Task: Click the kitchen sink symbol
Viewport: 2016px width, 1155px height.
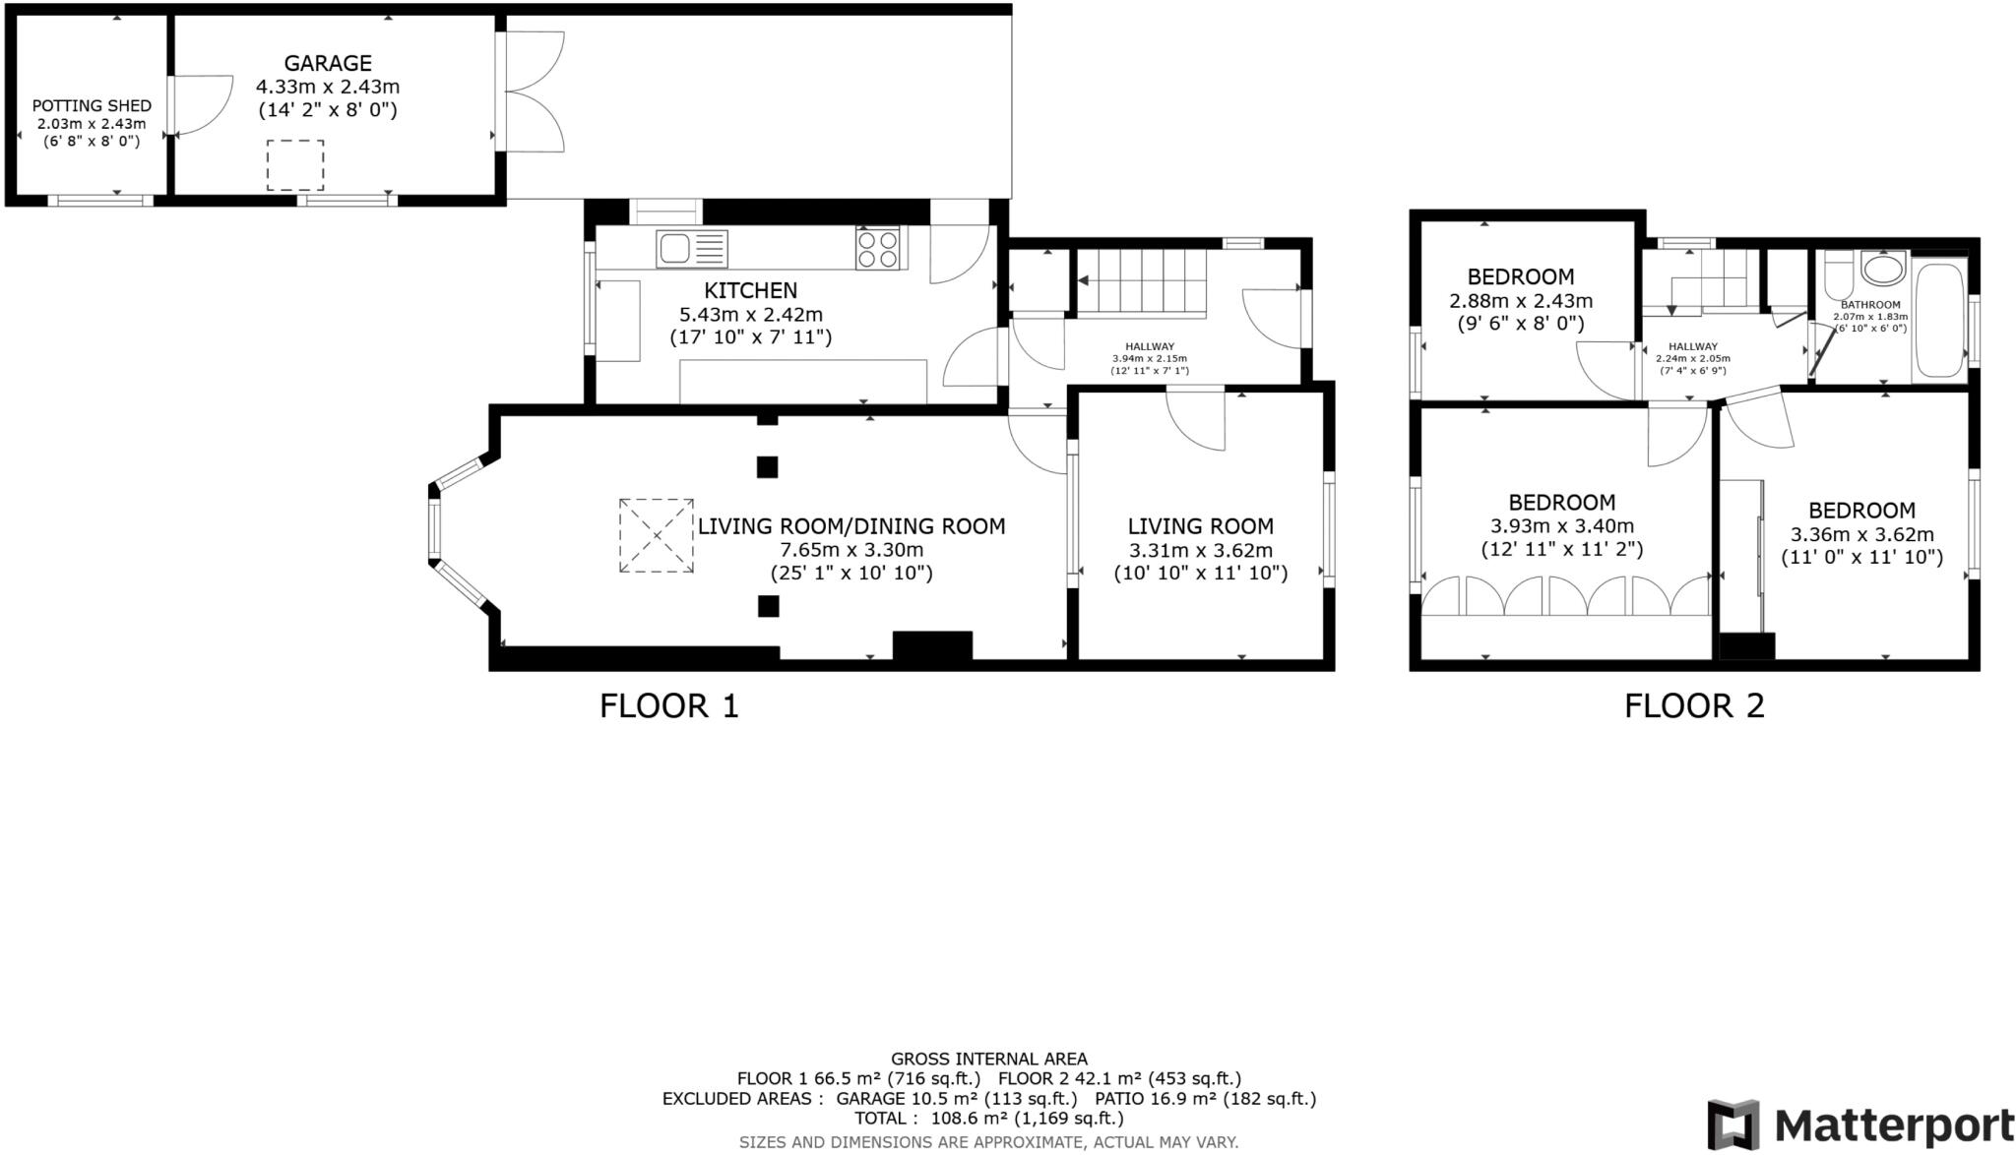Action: (x=691, y=249)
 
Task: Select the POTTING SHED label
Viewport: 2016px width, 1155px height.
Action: (x=92, y=106)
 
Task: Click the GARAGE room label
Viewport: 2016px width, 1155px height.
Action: (x=328, y=64)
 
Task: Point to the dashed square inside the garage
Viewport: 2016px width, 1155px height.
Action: (x=295, y=165)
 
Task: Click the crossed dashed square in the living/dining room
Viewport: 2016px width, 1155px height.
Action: (x=656, y=536)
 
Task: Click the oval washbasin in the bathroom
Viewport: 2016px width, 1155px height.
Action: (x=1883, y=269)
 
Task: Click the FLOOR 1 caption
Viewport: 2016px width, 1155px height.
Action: (x=668, y=706)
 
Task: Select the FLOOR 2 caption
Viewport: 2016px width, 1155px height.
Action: (x=1694, y=706)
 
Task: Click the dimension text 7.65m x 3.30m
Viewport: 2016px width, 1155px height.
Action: (x=851, y=550)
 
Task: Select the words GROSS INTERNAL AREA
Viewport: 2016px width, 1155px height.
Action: (x=988, y=1060)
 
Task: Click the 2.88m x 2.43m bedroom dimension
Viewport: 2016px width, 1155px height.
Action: (x=1520, y=301)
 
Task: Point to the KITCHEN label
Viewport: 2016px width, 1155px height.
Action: (x=750, y=291)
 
